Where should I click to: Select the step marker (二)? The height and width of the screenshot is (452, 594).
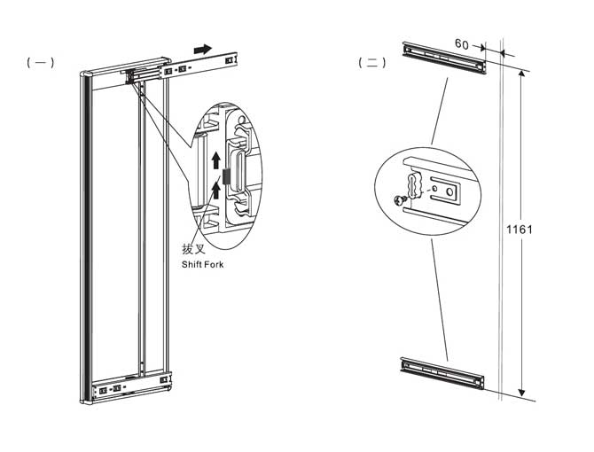tap(371, 63)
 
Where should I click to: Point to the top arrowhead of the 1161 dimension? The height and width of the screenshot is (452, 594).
tap(520, 74)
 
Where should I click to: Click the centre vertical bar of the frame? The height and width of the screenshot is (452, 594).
tap(139, 230)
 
